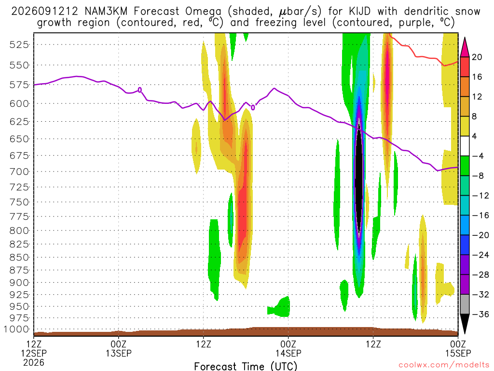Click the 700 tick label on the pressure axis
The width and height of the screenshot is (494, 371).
point(19,172)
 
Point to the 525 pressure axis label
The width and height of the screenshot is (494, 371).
point(19,44)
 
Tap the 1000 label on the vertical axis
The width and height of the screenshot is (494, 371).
point(17,329)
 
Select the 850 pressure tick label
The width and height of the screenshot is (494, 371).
point(19,257)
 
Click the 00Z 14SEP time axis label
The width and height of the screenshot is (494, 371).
point(288,348)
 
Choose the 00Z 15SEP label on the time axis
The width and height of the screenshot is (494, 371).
point(458,348)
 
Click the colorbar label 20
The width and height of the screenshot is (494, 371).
point(477,57)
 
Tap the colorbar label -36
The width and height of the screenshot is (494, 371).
point(480,314)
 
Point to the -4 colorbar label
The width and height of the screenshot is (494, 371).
point(478,156)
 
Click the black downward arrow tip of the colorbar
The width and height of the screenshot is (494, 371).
point(465,333)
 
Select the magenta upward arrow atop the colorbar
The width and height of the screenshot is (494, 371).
point(465,47)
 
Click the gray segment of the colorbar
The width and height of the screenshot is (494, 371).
point(465,304)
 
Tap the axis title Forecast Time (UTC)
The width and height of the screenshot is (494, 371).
point(246,366)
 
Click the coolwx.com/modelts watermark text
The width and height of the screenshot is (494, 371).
point(444,365)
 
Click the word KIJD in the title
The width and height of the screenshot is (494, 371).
point(359,12)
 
